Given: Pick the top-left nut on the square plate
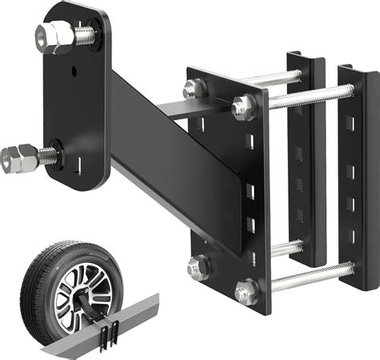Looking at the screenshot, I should [194, 89].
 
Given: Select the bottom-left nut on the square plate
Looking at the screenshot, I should [197, 265].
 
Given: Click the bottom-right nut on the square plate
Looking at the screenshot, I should [247, 289].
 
